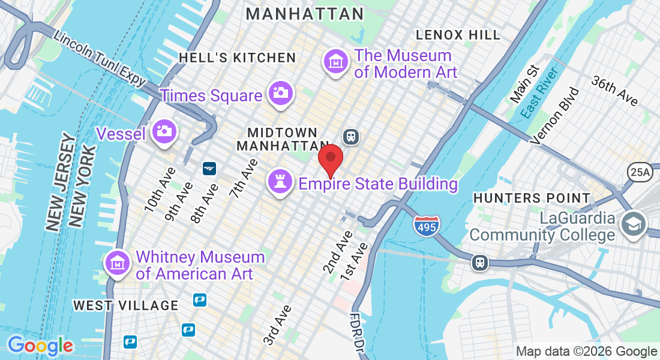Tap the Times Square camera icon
point(280,93)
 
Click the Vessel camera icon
point(163,130)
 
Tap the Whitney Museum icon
point(117,262)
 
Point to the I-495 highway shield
point(426,226)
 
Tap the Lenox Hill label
point(457,35)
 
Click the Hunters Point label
point(532,197)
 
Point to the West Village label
point(125,305)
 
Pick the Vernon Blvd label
point(555,116)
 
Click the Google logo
point(40,346)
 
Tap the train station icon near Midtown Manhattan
point(351,136)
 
